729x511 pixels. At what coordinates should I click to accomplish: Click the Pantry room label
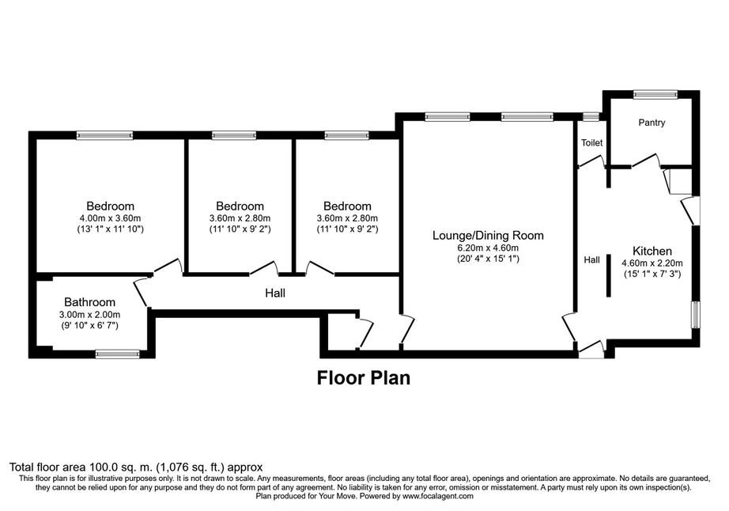652,123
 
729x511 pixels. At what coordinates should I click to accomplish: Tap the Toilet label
591,142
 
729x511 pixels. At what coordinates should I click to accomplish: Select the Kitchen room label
652,251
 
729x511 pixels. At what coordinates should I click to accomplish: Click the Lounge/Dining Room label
488,235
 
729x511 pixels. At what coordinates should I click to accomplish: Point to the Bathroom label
89,302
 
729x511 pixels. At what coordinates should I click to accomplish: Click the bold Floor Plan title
364,378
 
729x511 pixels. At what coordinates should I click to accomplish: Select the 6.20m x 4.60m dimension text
488,248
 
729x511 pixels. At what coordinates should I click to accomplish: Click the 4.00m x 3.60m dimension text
110,218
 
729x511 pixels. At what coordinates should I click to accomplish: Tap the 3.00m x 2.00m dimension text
89,315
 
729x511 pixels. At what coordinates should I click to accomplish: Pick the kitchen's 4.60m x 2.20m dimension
652,263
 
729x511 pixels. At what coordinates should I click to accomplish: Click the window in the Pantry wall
655,94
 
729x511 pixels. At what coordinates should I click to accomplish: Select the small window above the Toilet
591,116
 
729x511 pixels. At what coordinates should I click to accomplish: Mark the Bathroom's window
118,354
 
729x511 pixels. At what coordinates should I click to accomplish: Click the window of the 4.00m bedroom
104,135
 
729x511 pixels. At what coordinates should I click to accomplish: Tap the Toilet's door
591,161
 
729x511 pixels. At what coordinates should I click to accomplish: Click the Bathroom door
142,293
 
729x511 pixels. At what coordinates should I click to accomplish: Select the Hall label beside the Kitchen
591,260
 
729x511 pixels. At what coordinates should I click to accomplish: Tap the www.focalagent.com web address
438,496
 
